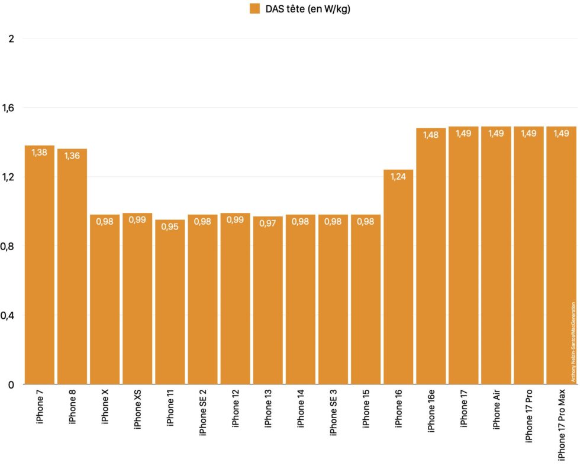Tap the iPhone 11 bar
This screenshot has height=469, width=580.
tap(170, 302)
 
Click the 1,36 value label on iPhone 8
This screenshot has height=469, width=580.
tap(72, 156)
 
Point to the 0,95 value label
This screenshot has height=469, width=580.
tap(170, 227)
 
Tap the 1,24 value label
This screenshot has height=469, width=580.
tap(398, 177)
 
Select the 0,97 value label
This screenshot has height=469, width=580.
tap(268, 224)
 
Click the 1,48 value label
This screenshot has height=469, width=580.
tap(431, 135)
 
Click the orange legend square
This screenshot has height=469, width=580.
tap(255, 8)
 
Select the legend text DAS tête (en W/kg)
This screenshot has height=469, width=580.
tap(308, 8)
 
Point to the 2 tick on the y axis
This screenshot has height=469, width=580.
tap(10, 38)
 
